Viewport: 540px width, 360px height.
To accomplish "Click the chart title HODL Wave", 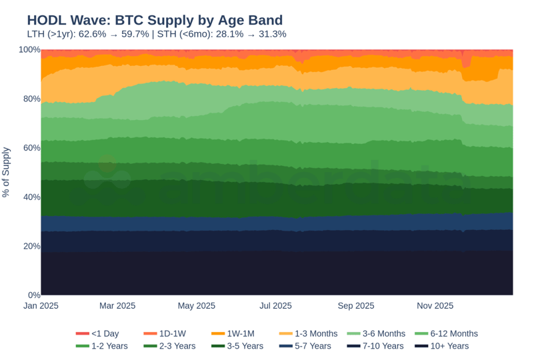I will pyautogui.click(x=155, y=20).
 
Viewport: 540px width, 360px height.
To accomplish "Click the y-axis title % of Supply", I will pyautogui.click(x=6, y=172).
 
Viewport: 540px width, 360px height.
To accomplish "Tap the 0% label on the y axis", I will pyautogui.click(x=33, y=295).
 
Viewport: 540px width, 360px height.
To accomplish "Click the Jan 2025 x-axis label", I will pyautogui.click(x=41, y=306).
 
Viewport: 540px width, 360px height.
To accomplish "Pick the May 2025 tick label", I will pyautogui.click(x=196, y=306).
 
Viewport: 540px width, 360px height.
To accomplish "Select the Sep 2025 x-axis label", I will pyautogui.click(x=355, y=306).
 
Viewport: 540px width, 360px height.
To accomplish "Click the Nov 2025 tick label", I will pyautogui.click(x=435, y=306).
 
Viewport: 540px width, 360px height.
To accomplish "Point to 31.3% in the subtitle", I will pyautogui.click(x=273, y=34).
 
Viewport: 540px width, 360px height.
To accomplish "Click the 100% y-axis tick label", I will pyautogui.click(x=29, y=50).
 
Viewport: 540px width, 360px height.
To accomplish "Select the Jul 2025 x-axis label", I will pyautogui.click(x=275, y=306).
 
